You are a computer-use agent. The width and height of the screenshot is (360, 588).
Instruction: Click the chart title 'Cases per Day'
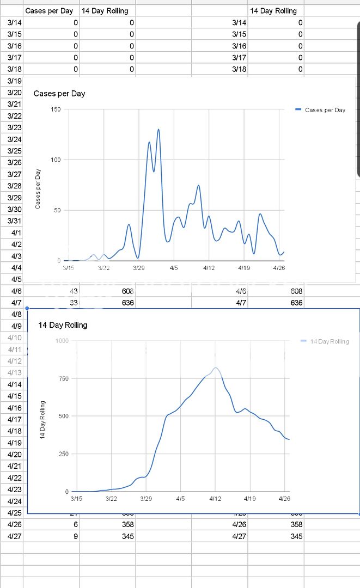(59, 94)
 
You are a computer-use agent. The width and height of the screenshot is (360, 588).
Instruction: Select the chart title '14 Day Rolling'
(63, 325)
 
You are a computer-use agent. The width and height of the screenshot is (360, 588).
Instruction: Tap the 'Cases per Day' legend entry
(325, 110)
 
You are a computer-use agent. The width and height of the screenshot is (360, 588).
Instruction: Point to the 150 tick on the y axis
(56, 109)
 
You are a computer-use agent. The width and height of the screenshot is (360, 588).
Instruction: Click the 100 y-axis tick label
(56, 160)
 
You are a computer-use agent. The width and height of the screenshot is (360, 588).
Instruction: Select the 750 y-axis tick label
(63, 378)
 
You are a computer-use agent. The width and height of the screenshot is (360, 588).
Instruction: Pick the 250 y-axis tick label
(63, 454)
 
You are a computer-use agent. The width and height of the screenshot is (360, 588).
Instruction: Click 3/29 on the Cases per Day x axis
(139, 268)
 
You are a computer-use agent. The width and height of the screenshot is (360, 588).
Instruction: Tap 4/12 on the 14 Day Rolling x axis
(215, 498)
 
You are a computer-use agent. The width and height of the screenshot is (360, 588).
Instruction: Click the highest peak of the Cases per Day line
(158, 130)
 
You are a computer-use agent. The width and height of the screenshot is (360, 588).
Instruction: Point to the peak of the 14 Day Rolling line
(216, 368)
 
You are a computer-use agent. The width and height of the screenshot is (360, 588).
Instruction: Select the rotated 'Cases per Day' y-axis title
(38, 188)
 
